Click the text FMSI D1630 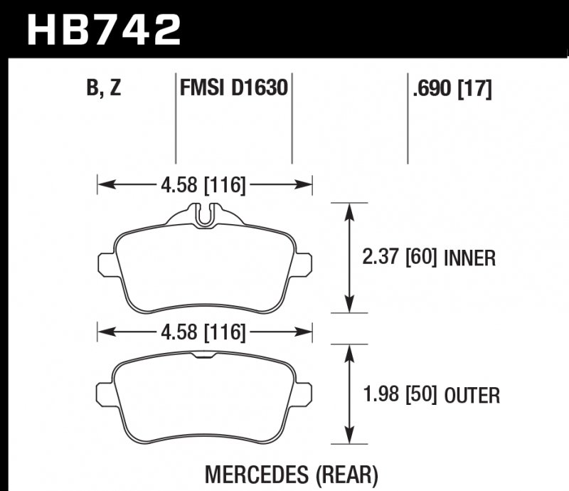[x=233, y=90]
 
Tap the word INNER [x=469, y=258]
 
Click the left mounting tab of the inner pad [x=107, y=264]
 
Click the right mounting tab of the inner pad [x=304, y=264]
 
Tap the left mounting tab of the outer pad [x=107, y=392]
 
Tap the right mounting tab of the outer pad [x=304, y=392]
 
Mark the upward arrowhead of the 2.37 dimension [x=349, y=209]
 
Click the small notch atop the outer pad [x=205, y=353]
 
